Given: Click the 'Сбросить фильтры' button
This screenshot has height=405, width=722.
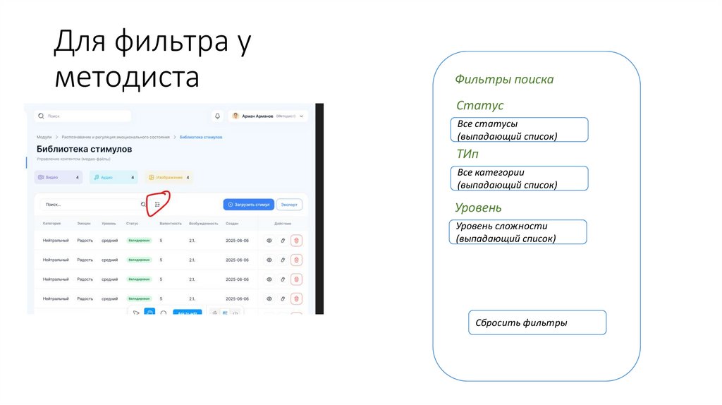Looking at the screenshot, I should pos(537,322).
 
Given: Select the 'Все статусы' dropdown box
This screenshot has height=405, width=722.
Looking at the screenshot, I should pos(518,130).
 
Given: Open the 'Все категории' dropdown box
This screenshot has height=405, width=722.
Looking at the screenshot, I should pos(518,179).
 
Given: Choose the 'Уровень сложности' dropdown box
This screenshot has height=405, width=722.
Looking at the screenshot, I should pos(517,231).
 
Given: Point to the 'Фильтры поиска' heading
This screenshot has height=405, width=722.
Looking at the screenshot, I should pos(504,80).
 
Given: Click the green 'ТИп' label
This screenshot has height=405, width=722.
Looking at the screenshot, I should pos(468,153).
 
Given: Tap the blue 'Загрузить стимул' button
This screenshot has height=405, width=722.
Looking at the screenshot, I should pos(248,205).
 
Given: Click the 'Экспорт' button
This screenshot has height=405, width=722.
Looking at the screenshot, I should pos(290,205).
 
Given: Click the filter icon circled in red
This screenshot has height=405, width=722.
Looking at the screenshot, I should pos(158,205).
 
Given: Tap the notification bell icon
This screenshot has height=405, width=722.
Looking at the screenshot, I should pos(217,116).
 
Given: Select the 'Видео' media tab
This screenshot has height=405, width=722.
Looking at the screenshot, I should pos(59,178).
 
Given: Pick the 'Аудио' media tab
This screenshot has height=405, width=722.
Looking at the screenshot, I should pos(114,178).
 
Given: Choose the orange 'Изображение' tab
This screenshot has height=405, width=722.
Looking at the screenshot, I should pos(169,178).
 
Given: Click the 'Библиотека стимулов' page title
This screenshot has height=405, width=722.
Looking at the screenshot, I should pos(84,150).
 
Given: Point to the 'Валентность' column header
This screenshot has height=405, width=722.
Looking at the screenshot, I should pos(171,224).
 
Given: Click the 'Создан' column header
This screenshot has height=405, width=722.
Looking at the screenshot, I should pos(232,224).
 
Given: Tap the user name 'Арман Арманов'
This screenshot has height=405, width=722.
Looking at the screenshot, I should pos(257,116).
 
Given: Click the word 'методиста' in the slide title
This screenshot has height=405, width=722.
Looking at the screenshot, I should pos(127,76).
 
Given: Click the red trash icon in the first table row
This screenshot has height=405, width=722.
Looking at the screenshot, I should pos(296,241).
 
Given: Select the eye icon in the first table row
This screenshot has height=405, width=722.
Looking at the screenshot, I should pos(269,241).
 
